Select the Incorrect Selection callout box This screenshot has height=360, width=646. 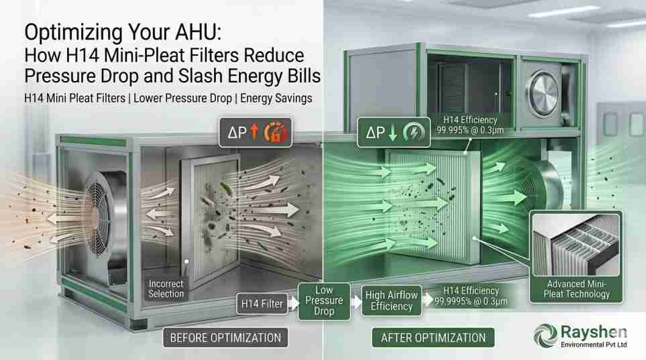tap(166, 289)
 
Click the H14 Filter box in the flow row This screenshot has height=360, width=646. tap(262, 304)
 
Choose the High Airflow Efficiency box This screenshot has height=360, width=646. tap(390, 300)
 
